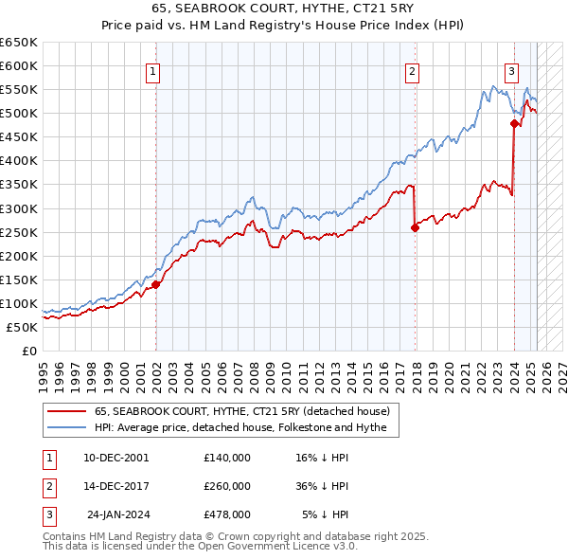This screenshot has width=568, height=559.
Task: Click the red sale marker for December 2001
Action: click(x=155, y=284)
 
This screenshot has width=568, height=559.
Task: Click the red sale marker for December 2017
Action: click(x=415, y=227)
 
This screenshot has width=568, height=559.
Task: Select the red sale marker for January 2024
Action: click(x=514, y=123)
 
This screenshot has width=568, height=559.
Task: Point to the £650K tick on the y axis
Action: click(x=19, y=43)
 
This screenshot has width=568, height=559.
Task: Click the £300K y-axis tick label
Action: click(x=19, y=208)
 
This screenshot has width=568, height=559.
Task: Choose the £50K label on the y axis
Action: click(x=23, y=327)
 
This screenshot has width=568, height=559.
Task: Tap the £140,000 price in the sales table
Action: click(x=227, y=457)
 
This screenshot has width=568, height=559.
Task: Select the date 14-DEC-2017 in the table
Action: click(x=116, y=486)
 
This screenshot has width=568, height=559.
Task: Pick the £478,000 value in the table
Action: click(x=227, y=515)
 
